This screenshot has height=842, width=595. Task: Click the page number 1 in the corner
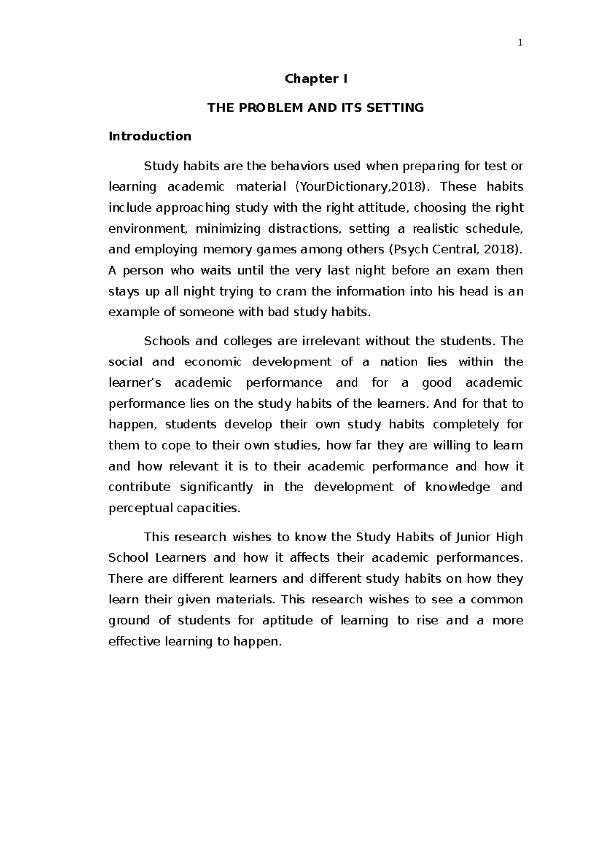520,43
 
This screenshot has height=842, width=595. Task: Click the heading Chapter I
315,79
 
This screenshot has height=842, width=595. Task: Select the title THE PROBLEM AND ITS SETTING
315,108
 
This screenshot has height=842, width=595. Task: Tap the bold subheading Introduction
150,136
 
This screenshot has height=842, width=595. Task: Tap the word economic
213,362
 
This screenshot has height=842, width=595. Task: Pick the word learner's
135,383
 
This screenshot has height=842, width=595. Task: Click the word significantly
216,487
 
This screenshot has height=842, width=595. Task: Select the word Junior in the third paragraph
473,537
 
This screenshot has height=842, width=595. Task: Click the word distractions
304,229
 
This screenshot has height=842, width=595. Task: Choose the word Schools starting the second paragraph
167,341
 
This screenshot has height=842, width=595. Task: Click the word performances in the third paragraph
479,558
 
